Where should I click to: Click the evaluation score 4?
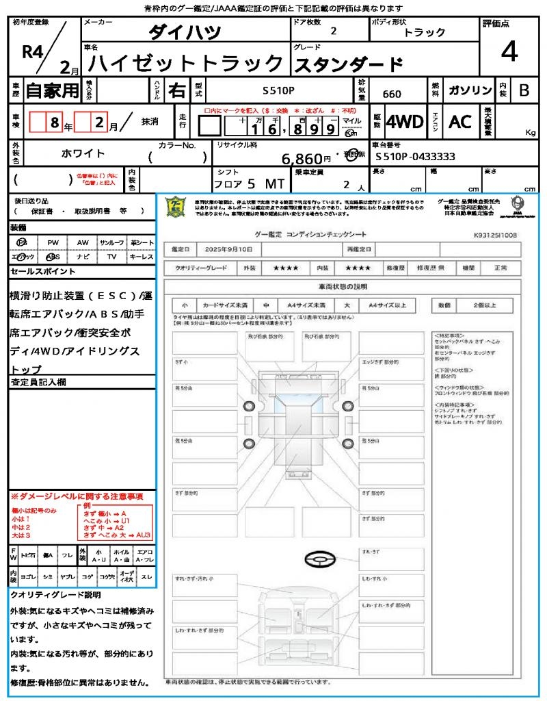click(x=508, y=51)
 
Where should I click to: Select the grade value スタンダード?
click(x=348, y=64)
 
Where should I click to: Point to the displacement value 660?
click(x=392, y=94)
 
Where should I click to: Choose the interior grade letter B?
click(x=524, y=90)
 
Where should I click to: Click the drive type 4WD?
click(x=405, y=122)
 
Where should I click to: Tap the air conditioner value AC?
click(x=460, y=122)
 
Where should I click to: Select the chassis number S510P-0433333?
click(x=415, y=156)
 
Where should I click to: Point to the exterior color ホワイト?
click(x=83, y=153)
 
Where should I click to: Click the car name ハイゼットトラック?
click(x=186, y=64)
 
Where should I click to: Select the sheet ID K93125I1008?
click(x=495, y=234)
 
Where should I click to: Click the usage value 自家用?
click(x=53, y=90)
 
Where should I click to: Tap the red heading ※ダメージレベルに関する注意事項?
click(x=77, y=496)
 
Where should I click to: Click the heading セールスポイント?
click(x=43, y=272)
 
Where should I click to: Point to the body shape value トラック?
click(x=425, y=32)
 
